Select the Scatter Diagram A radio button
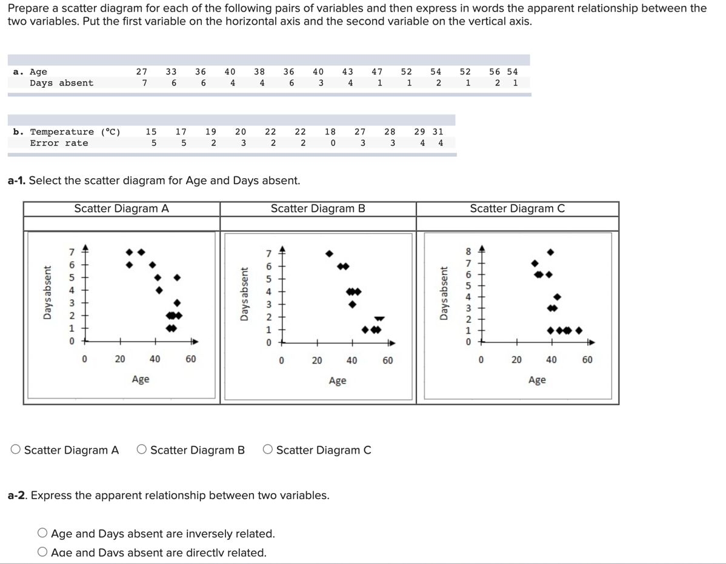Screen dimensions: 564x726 click(x=16, y=450)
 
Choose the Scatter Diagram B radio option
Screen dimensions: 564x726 click(x=142, y=450)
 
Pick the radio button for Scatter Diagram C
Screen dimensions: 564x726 click(x=268, y=450)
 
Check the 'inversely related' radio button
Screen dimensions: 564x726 click(x=43, y=534)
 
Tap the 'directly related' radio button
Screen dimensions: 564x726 click(x=43, y=552)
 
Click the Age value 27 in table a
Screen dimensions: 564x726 click(x=141, y=71)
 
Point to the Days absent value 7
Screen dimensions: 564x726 click(x=144, y=83)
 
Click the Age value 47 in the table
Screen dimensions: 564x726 click(x=376, y=71)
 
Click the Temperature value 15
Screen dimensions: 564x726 click(x=151, y=131)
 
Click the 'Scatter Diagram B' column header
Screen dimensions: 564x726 click(x=318, y=209)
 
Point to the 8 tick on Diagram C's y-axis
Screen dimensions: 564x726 click(x=467, y=251)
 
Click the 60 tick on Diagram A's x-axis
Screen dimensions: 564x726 click(x=190, y=359)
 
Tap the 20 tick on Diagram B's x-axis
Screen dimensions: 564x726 click(x=316, y=360)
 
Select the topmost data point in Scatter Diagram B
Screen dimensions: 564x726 click(x=329, y=253)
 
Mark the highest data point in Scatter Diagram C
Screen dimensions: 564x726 click(x=550, y=251)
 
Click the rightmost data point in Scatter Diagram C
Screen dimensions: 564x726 click(x=579, y=331)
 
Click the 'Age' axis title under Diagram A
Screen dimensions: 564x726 click(x=141, y=380)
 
